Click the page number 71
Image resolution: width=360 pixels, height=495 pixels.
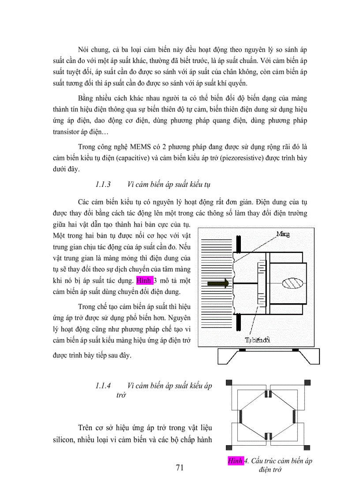click(x=179, y=468)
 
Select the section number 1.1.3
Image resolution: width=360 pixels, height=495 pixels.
click(x=102, y=184)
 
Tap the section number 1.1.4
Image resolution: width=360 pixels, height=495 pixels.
click(x=102, y=386)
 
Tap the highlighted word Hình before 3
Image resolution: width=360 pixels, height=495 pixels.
click(x=144, y=280)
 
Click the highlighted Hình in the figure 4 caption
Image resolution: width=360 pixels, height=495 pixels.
click(x=235, y=462)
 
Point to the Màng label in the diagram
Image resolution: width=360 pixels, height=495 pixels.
click(x=282, y=234)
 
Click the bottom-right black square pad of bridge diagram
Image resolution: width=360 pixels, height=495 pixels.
click(x=307, y=448)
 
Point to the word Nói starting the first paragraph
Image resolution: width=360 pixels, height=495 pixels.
click(x=84, y=49)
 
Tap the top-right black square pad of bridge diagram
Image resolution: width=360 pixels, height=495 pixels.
click(x=307, y=382)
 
